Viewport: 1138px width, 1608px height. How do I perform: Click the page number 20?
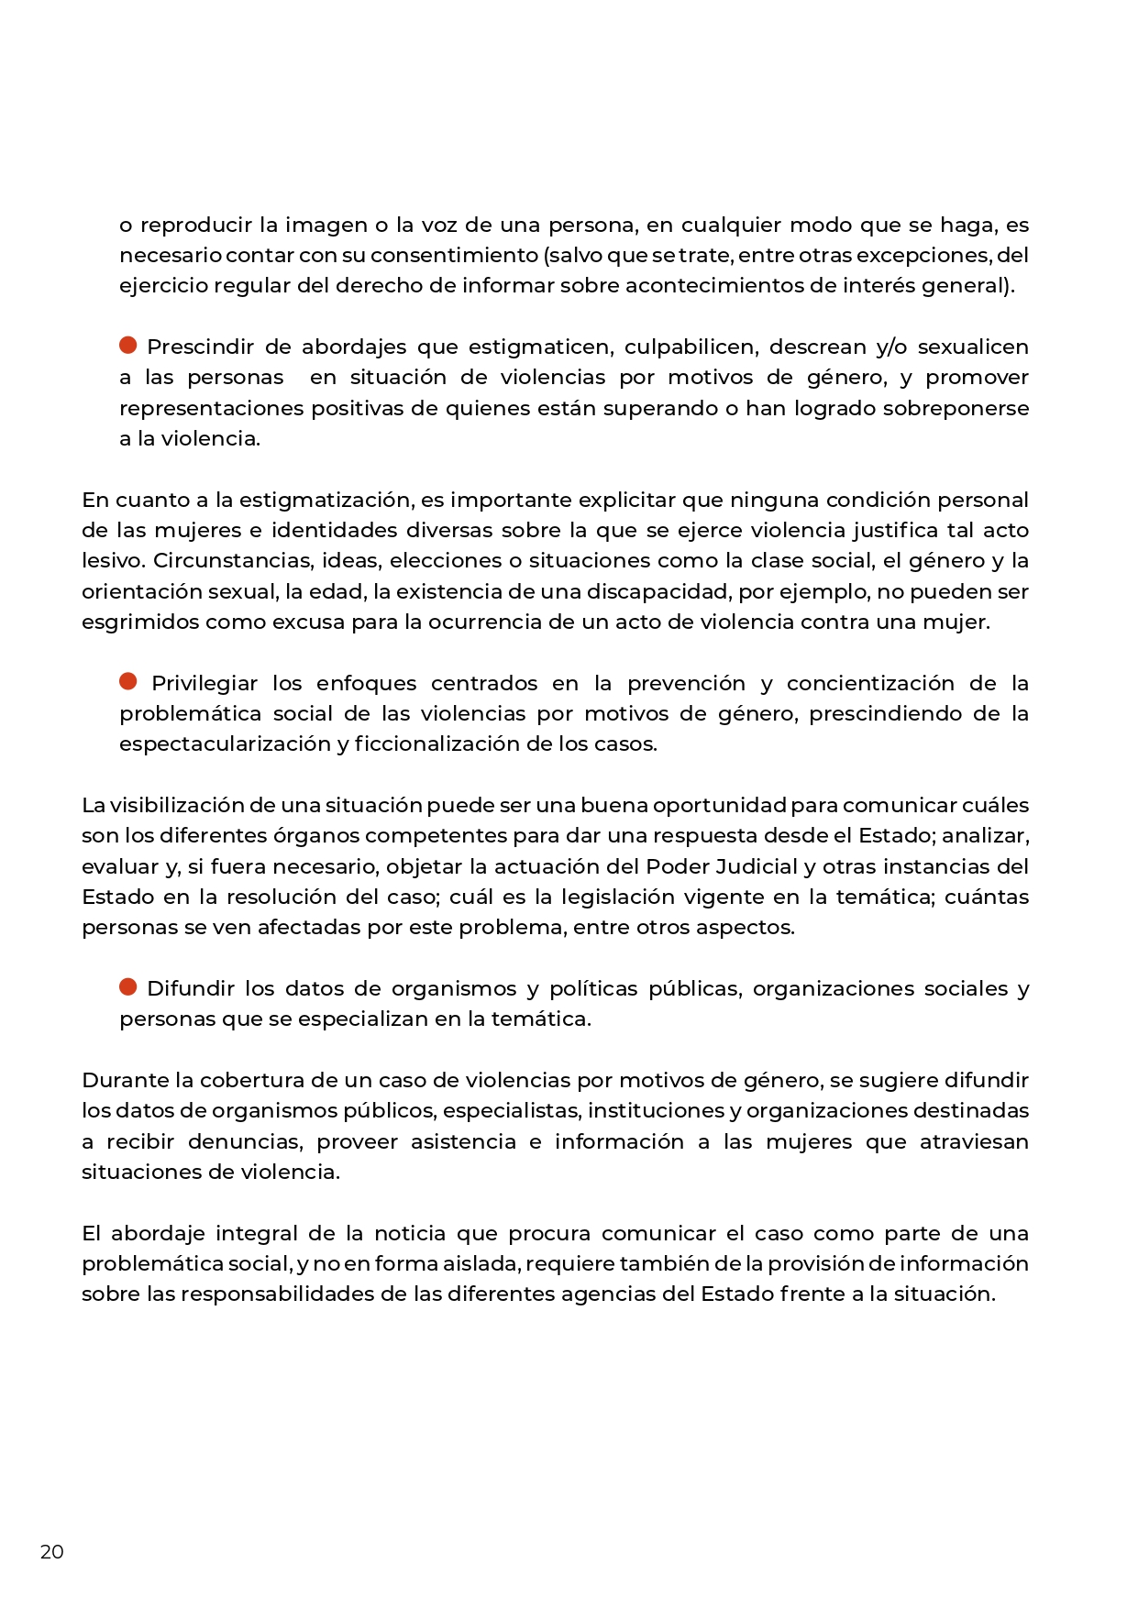point(52,1552)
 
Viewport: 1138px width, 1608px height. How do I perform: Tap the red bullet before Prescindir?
point(128,346)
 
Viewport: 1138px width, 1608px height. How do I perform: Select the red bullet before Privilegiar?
point(128,681)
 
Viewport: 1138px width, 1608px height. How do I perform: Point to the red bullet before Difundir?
point(128,986)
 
